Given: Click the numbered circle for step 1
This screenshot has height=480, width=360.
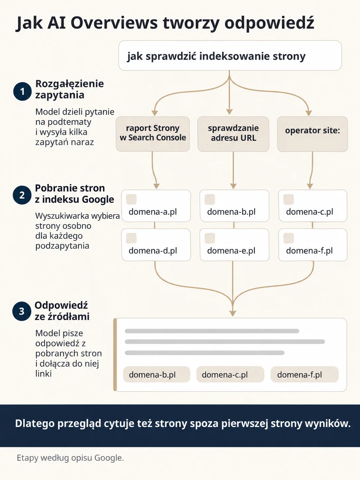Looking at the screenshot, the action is point(23,91).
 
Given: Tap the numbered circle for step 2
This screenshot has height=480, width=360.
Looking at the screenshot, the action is point(22,195).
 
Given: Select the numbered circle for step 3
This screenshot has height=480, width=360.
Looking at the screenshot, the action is point(22,311).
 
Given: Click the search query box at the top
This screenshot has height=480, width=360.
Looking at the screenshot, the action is point(230,56).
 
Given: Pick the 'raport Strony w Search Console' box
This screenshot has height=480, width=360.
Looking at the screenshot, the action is point(152,134).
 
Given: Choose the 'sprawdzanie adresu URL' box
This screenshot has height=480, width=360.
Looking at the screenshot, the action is point(233,134).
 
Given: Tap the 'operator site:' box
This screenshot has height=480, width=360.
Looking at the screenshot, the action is point(312,134).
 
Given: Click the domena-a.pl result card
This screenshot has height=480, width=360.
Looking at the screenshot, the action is point(156,206).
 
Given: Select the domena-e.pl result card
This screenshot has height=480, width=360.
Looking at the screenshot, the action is point(234,245).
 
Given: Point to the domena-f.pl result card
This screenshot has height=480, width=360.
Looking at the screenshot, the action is point(313,245).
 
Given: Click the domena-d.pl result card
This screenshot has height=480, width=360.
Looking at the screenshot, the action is point(156,245).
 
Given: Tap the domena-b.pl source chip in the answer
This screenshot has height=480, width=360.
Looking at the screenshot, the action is point(156,374).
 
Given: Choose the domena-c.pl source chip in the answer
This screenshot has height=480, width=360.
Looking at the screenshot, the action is point(230,374).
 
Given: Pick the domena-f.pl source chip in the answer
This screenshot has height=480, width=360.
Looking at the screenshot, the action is point(305,374).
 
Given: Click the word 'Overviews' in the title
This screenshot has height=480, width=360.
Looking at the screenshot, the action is point(114,23).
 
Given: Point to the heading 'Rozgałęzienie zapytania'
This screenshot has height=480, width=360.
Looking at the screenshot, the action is point(70,89).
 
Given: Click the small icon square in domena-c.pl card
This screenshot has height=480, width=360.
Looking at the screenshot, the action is point(288,199).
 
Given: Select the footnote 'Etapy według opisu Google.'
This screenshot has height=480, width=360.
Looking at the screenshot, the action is point(70,458).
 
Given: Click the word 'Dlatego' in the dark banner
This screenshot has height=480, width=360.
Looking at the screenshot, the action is point(35,424).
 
